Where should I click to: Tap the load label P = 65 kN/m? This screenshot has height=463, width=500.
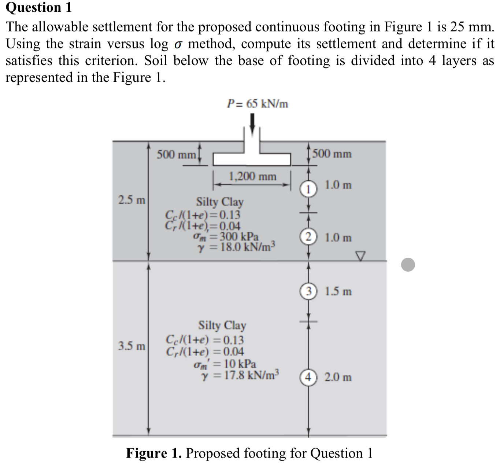tap(258, 104)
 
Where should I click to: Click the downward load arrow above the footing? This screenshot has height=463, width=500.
tap(252, 123)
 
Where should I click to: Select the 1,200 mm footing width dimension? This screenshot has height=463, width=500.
tap(252, 177)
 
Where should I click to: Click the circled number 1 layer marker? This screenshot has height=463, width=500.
tap(308, 189)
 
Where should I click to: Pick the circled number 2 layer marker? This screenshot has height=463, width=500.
tap(308, 238)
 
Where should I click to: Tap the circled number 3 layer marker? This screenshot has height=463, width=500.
tap(308, 291)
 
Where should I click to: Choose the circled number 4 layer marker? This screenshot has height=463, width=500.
tap(308, 377)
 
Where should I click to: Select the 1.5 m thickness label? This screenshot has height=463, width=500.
tap(338, 291)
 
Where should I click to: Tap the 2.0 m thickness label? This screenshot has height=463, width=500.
tap(338, 377)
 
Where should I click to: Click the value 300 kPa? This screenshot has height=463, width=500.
tap(239, 236)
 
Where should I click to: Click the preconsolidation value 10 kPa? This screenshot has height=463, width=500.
tap(240, 364)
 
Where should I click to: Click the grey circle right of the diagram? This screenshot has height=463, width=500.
tap(408, 264)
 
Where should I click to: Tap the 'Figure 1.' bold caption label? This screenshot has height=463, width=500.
tap(154, 453)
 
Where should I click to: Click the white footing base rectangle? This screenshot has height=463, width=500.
tap(252, 159)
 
